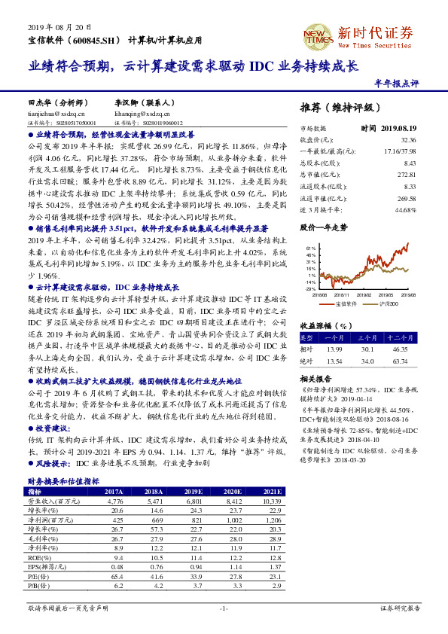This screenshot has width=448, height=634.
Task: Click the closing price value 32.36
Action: pos(408,140)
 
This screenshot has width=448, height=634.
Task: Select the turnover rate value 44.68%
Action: pos(406,209)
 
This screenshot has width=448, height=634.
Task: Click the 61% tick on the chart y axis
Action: pos(310,247)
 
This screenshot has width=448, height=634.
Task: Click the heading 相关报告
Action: pos(312,379)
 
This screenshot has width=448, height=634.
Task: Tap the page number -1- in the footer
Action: pos(224,608)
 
